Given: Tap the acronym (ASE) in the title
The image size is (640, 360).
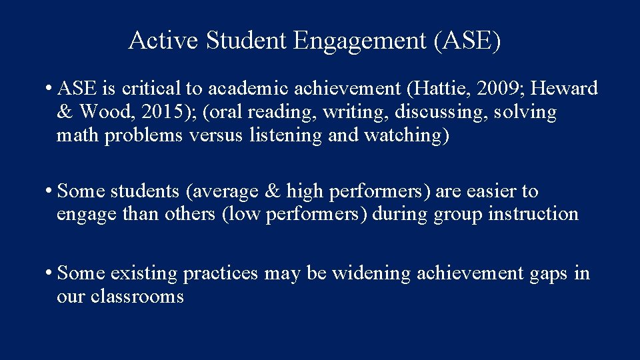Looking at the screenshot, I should [x=467, y=41].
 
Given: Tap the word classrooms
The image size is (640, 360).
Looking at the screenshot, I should [x=137, y=297].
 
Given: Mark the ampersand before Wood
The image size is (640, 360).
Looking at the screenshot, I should [x=65, y=112].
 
